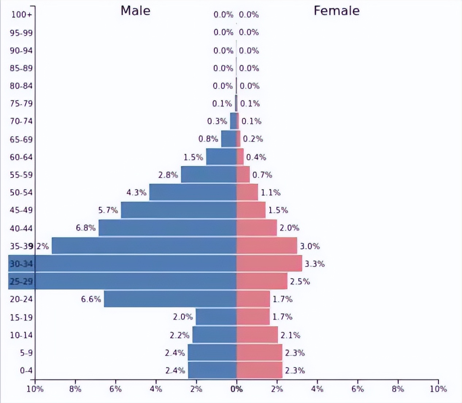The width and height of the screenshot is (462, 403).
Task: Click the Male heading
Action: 135,11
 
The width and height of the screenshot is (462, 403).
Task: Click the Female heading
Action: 336,11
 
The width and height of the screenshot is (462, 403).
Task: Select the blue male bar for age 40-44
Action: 168,228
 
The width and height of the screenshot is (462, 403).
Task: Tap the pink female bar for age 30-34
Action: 269,263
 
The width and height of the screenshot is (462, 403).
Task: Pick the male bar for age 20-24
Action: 170,299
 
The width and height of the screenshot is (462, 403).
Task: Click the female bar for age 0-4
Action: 259,370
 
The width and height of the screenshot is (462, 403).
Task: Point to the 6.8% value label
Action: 86,228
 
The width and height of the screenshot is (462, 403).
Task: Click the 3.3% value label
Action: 315,263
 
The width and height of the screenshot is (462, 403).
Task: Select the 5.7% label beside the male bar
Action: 108,210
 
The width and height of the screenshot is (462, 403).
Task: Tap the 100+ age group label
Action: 22,15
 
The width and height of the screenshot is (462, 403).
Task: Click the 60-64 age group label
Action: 21,157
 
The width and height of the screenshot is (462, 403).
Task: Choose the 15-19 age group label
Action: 21,317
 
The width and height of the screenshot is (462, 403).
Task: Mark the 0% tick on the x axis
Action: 236,389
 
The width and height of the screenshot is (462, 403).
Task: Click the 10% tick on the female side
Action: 438,389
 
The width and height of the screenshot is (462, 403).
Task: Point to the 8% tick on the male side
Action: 75,389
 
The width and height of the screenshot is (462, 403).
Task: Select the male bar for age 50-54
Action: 193,192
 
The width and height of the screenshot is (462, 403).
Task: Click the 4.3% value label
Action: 136,192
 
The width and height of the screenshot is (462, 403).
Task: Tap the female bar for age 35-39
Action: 266,246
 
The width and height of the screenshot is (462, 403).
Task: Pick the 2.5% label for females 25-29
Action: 300,281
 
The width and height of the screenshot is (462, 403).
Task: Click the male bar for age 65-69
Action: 229,139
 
